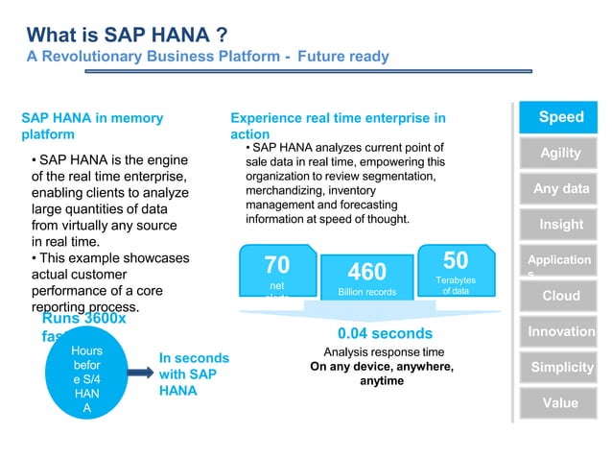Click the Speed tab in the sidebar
click(x=560, y=117)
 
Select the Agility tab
click(x=560, y=154)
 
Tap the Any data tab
click(x=560, y=189)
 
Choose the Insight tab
click(x=560, y=225)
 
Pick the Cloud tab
click(x=560, y=296)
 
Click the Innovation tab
click(x=560, y=331)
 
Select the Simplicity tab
click(x=560, y=368)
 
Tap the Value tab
click(x=560, y=403)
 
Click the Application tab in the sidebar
click(x=560, y=261)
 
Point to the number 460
click(x=366, y=273)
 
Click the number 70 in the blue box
click(x=276, y=265)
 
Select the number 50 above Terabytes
click(x=456, y=261)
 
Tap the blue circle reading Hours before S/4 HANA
click(x=86, y=379)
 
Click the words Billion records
click(x=366, y=292)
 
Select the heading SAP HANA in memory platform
click(x=92, y=126)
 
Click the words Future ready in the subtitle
click(x=343, y=57)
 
